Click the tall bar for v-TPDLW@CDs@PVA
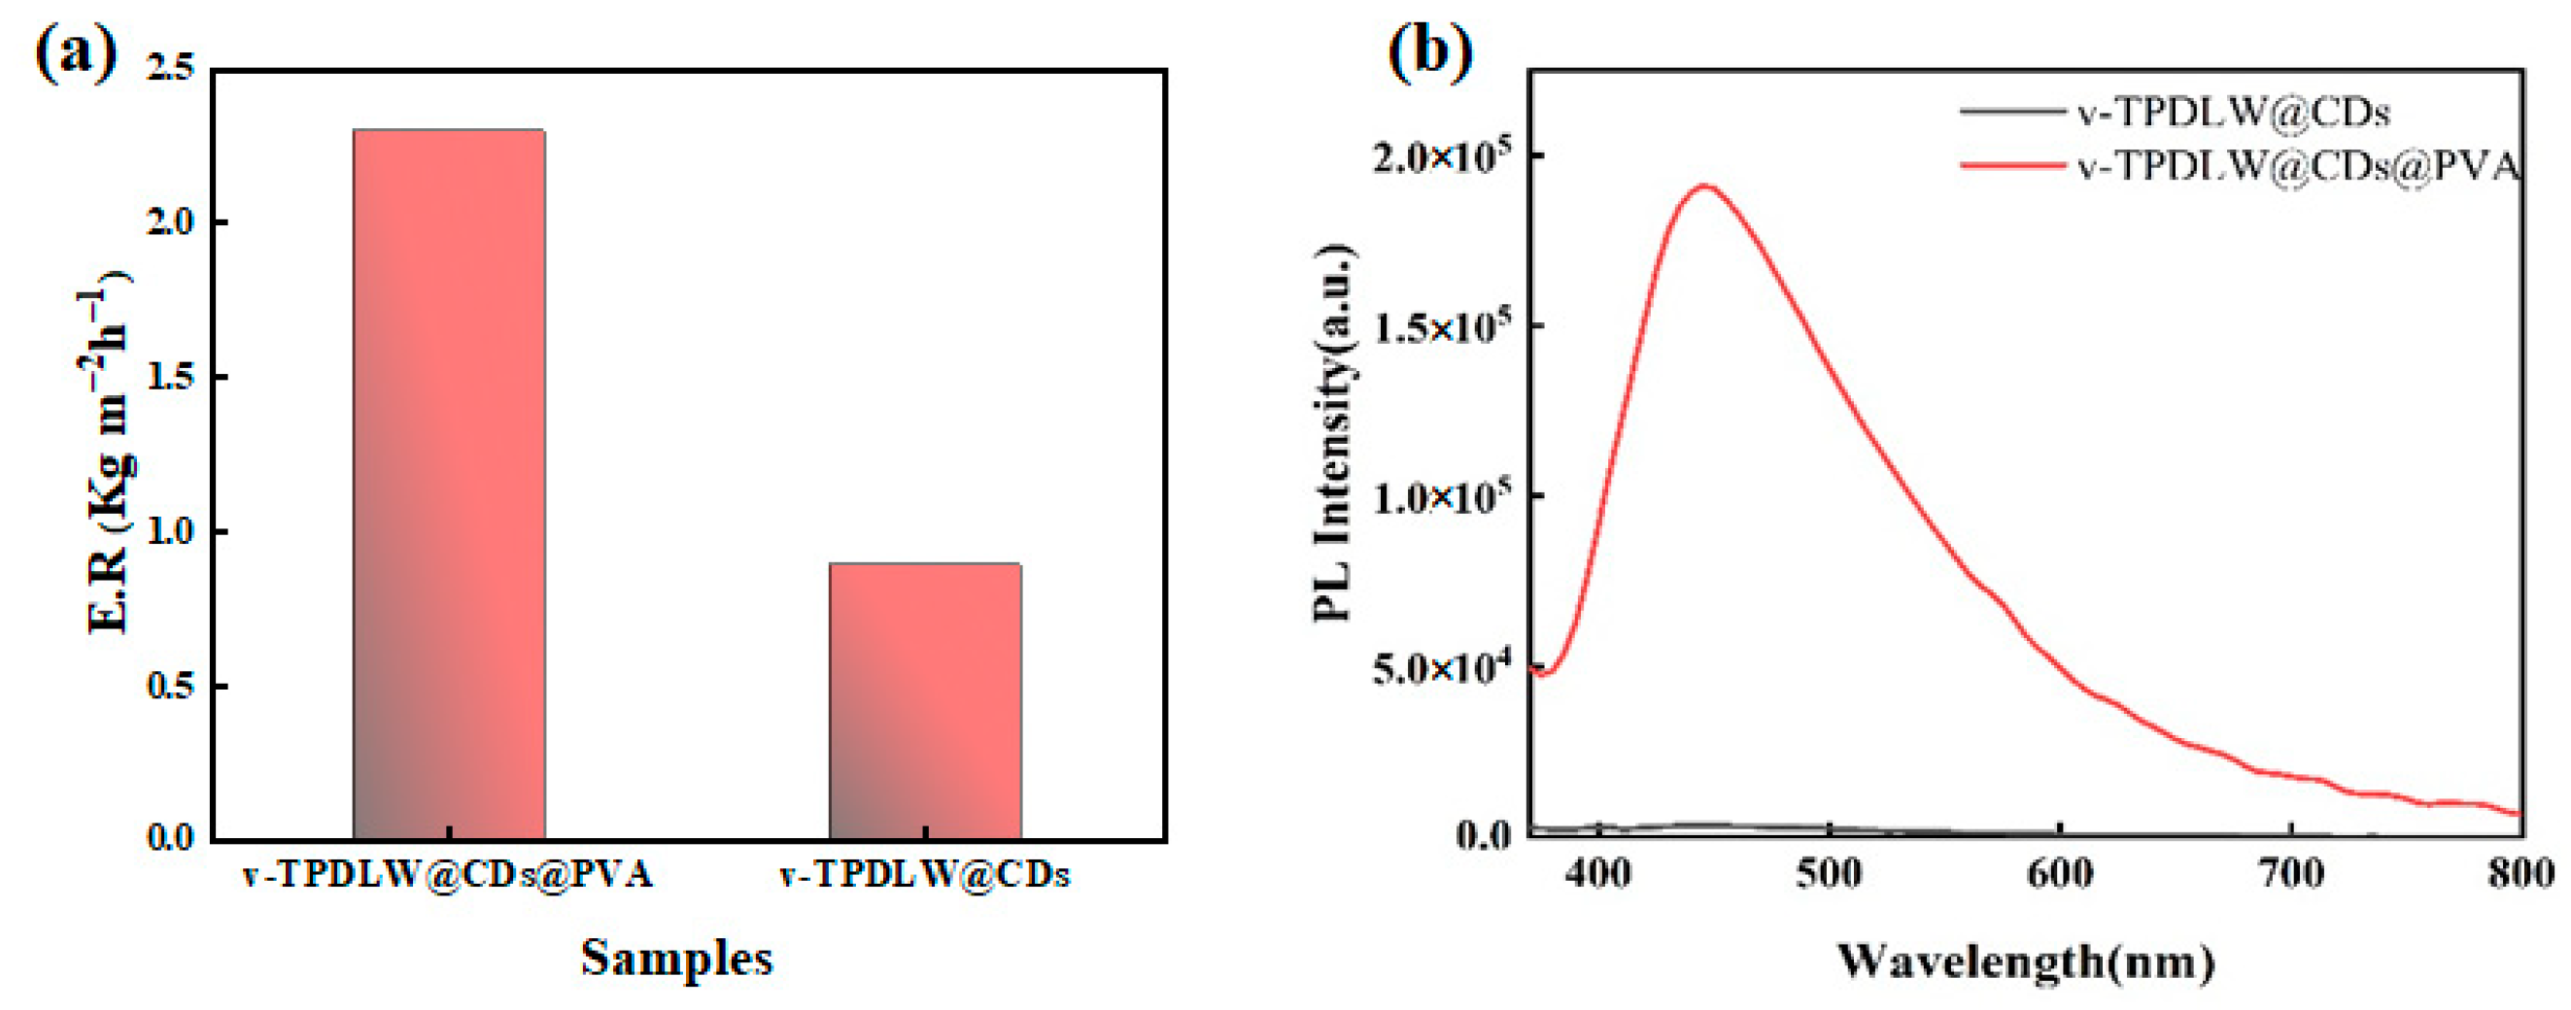click(x=448, y=484)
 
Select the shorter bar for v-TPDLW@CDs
click(x=924, y=700)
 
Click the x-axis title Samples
click(x=676, y=959)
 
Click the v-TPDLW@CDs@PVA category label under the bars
click(x=448, y=875)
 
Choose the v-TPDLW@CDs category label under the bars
click(x=924, y=875)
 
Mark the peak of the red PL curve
click(x=1705, y=185)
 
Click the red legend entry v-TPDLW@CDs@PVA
click(x=2295, y=166)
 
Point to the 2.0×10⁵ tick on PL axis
click(x=1441, y=156)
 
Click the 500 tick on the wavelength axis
click(x=1830, y=874)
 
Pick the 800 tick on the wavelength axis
click(x=2521, y=874)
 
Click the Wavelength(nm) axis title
click(x=2026, y=960)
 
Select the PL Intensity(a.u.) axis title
click(x=1333, y=434)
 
